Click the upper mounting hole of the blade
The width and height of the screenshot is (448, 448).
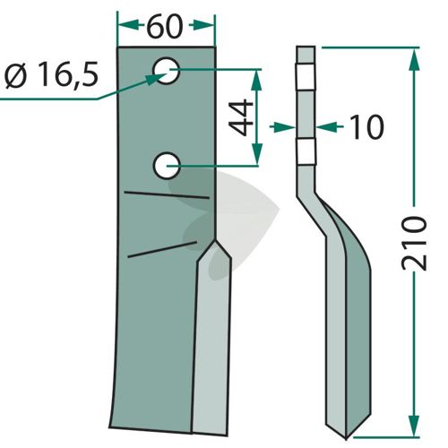point(166,71)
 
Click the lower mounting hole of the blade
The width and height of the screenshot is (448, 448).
point(167,166)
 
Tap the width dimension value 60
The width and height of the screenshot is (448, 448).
point(165,26)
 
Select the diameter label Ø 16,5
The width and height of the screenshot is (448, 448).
point(52,74)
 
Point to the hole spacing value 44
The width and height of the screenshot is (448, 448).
point(242,117)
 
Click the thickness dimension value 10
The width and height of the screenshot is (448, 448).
point(366,127)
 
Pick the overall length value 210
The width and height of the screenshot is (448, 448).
point(414,244)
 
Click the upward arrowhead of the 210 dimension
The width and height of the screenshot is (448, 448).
point(414,60)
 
